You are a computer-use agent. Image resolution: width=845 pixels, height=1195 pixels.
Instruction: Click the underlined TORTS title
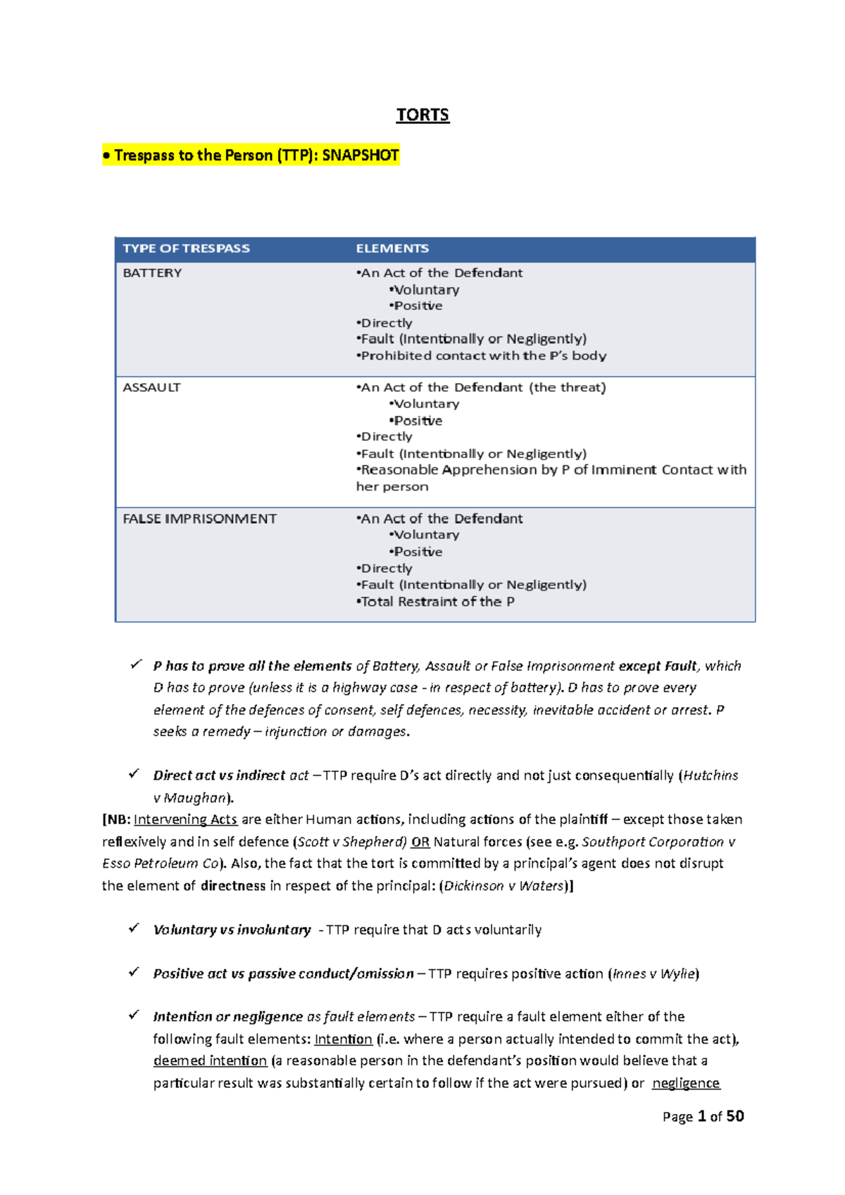(423, 115)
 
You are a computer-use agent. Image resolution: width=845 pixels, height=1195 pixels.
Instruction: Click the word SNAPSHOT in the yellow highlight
(361, 155)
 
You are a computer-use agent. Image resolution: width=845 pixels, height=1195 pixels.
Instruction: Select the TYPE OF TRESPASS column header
(186, 248)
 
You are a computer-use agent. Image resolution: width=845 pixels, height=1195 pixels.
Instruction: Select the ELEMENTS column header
(392, 248)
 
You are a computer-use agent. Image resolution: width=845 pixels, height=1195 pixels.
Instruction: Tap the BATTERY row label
(152, 273)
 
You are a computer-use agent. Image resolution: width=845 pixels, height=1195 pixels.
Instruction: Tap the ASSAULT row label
(151, 387)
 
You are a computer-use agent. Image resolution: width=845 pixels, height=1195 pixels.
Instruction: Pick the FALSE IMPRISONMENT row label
(199, 519)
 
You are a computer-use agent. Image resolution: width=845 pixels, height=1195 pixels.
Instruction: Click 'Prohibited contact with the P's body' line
(482, 356)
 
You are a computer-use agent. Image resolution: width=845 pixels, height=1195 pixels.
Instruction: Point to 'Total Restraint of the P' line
(437, 602)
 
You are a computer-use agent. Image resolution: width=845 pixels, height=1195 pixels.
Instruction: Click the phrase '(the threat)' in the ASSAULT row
(568, 387)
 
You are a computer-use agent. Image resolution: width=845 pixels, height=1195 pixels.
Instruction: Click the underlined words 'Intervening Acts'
(185, 820)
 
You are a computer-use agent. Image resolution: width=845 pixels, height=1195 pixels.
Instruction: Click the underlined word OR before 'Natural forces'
(420, 842)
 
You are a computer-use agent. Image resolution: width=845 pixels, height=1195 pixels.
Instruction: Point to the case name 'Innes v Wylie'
(653, 974)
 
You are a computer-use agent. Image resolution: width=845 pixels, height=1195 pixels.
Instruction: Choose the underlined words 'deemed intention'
(210, 1061)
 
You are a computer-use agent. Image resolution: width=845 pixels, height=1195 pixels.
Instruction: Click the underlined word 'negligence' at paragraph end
(686, 1083)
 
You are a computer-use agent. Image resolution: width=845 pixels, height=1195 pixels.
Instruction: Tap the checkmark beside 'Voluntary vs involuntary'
(134, 929)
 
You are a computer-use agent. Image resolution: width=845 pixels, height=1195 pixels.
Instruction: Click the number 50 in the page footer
(735, 1116)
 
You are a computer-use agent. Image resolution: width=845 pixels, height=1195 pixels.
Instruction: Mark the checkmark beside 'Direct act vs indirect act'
(134, 774)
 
